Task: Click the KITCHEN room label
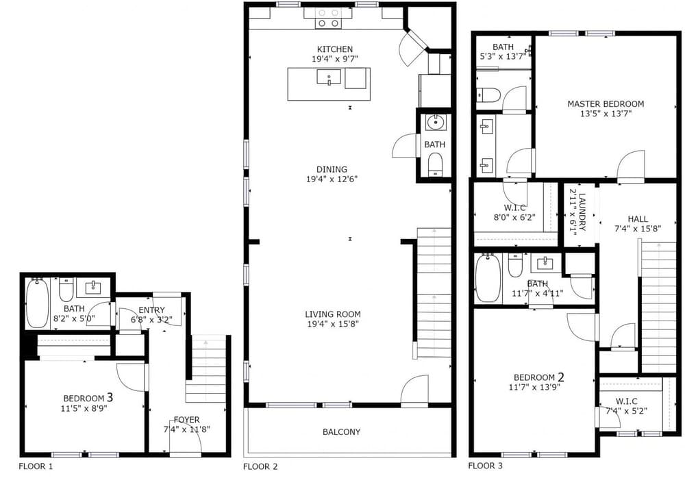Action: pyautogui.click(x=335, y=49)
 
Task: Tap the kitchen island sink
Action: pyautogui.click(x=329, y=77)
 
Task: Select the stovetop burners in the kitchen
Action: pyautogui.click(x=329, y=18)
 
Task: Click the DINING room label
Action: pyautogui.click(x=332, y=169)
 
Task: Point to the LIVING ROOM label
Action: pyautogui.click(x=333, y=314)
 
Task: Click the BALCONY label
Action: pyautogui.click(x=342, y=431)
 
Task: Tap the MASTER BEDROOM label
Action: pyautogui.click(x=606, y=104)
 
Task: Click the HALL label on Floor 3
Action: pyautogui.click(x=638, y=218)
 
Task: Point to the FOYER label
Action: pyautogui.click(x=186, y=420)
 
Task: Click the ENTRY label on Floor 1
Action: pyautogui.click(x=151, y=310)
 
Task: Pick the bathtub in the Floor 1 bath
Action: pyautogui.click(x=38, y=303)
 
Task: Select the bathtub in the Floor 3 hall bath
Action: pyautogui.click(x=488, y=279)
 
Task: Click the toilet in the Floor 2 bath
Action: pyautogui.click(x=435, y=165)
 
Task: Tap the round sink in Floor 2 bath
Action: pyautogui.click(x=435, y=122)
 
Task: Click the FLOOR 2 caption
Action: pyautogui.click(x=260, y=466)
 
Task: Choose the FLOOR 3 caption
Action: pyautogui.click(x=486, y=466)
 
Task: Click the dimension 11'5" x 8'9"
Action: pyautogui.click(x=84, y=409)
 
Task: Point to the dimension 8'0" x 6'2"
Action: pyautogui.click(x=514, y=217)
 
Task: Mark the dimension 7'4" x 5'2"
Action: pyautogui.click(x=627, y=411)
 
